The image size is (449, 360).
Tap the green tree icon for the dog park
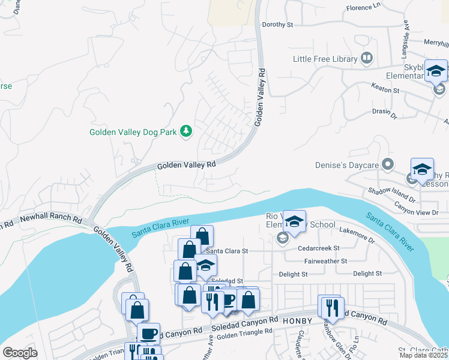tap(186, 131)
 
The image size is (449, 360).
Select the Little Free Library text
tap(325, 59)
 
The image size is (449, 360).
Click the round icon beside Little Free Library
tap(367, 58)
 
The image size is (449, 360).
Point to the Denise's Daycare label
tap(348, 164)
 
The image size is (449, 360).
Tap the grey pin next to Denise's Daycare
tap(388, 164)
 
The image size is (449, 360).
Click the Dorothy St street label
tap(277, 25)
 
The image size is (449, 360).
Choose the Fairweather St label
tap(326, 261)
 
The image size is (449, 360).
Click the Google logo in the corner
tap(20, 353)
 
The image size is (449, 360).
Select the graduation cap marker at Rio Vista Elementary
tap(294, 222)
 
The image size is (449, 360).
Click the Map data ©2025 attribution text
tap(423, 355)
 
